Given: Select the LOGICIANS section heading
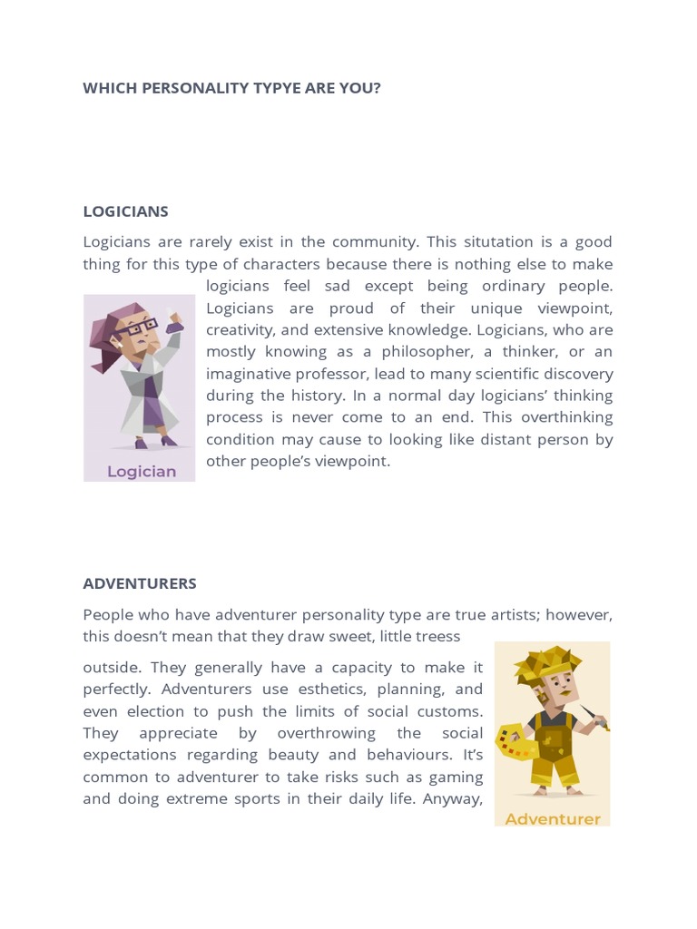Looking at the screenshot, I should pos(125,211).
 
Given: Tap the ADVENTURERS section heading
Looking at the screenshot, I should pos(140,583).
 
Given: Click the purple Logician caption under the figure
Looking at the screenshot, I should pos(142,471).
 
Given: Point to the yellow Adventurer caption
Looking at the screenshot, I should pos(553,819).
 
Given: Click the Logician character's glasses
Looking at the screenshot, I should pos(134,328).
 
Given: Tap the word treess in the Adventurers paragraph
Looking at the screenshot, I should pos(437,636).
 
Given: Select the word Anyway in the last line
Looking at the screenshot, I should pos(454,799).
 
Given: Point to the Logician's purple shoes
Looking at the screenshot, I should pos(154,442).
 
